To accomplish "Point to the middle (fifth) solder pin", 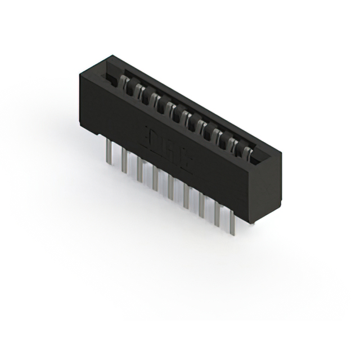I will pyautogui.click(x=170, y=186).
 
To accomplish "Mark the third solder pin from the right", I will pyautogui.click(x=201, y=205).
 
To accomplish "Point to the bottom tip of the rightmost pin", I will pyautogui.click(x=231, y=233).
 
